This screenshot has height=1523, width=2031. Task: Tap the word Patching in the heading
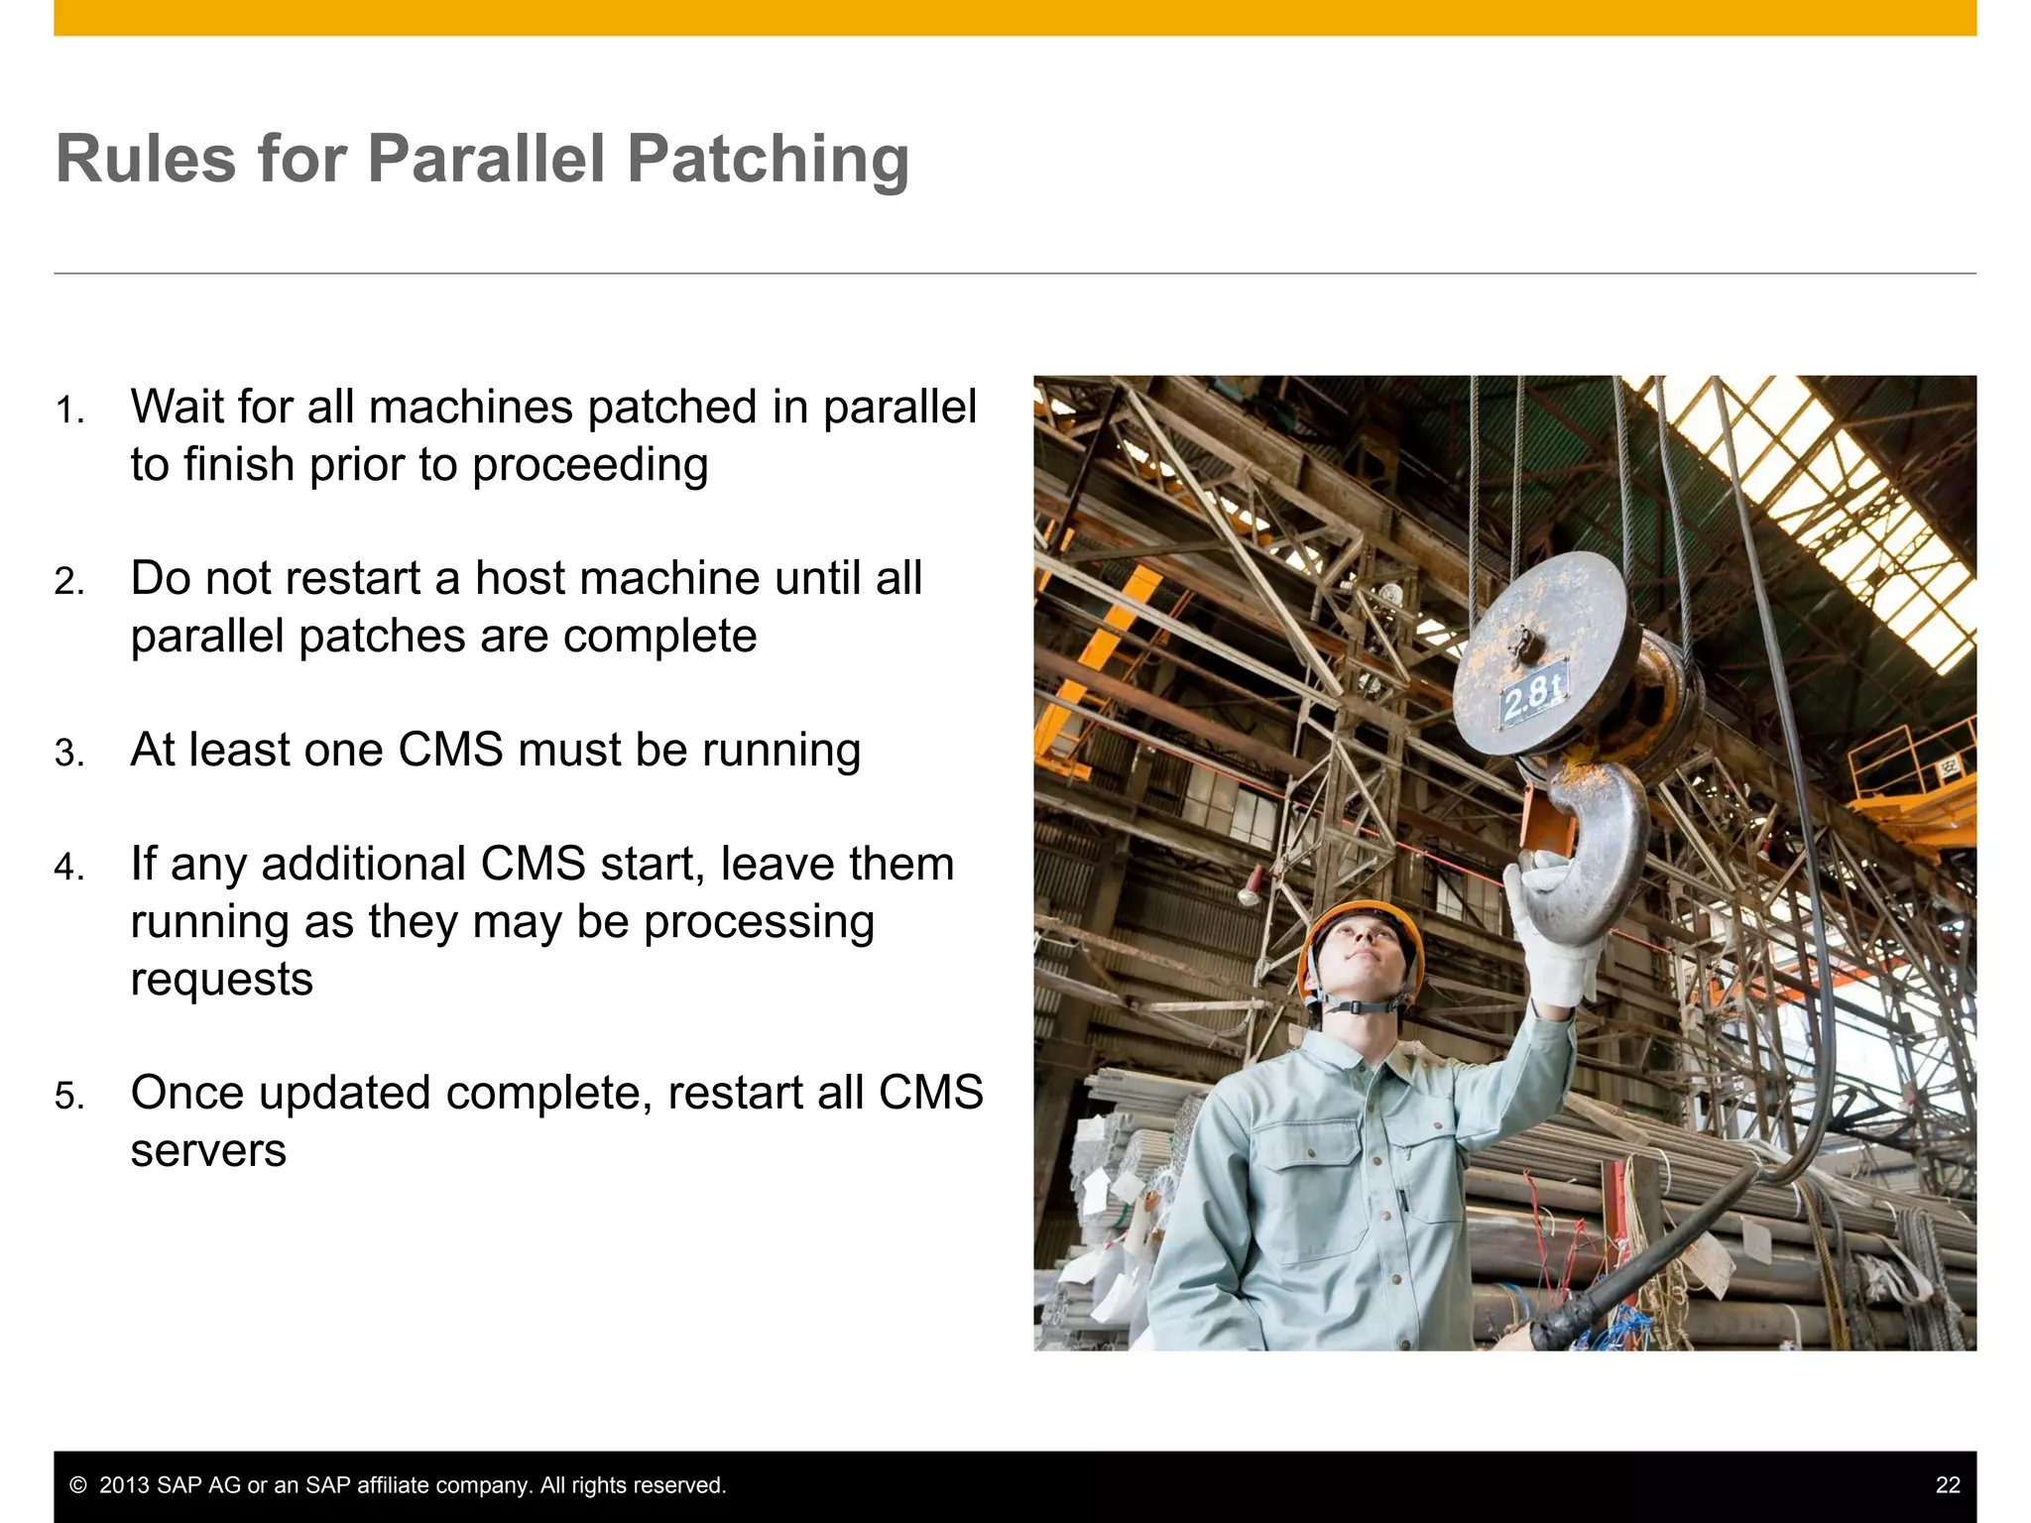coord(768,161)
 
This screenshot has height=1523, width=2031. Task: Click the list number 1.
coord(68,410)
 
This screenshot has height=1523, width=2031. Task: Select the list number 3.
coord(68,754)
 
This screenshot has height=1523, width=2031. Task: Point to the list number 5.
coord(68,1097)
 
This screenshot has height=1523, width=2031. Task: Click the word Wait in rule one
coord(178,407)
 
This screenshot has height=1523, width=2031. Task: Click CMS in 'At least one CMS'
coord(450,750)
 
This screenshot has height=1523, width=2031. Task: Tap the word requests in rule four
coord(222,980)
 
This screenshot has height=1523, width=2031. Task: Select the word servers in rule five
coord(208,1150)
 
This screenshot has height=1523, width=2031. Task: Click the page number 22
coord(1947,1485)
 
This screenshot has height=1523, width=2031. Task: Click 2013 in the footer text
coord(124,1485)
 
